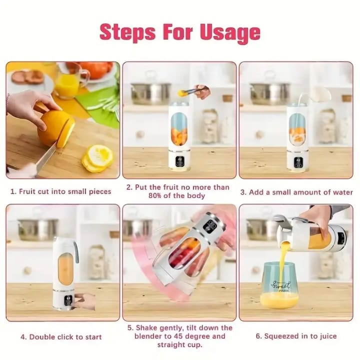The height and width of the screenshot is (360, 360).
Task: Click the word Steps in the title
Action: pos(127,32)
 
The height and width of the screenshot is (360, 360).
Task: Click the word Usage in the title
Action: pos(230,33)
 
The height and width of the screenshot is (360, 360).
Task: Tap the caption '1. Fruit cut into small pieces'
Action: pos(61,191)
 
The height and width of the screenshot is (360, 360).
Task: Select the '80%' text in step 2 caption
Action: pos(154,196)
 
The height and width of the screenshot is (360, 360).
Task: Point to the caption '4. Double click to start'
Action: pos(61,337)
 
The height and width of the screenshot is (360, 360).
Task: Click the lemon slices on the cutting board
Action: pos(97,158)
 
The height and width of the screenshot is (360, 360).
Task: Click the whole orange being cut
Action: pos(55,129)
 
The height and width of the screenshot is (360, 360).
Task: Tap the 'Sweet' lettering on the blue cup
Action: pos(281,285)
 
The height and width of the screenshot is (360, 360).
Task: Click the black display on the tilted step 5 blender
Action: pos(210,225)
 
